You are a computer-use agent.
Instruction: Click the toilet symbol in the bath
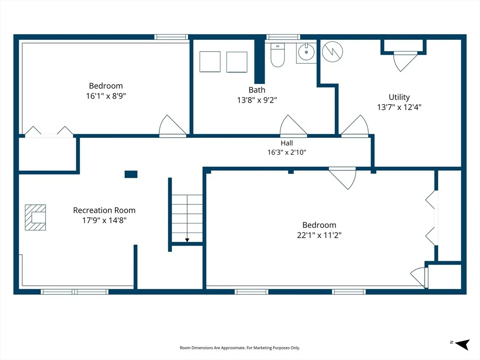coord(277,55)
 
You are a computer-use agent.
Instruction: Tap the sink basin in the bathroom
coord(306,52)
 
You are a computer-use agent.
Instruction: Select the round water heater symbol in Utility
coord(332,52)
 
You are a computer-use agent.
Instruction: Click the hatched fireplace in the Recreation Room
coord(35,217)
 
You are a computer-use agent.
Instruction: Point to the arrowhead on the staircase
coord(187,240)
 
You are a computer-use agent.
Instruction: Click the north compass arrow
coord(462,344)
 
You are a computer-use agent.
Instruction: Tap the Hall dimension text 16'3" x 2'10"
coord(287,152)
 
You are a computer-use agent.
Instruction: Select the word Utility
coord(399,97)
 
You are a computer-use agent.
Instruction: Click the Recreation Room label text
coord(104,210)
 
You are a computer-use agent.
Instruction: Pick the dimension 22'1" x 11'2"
coord(319,235)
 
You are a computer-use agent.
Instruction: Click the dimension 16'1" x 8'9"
coord(106,96)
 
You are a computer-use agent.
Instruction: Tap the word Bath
coord(257,90)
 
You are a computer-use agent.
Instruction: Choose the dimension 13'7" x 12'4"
coord(399,107)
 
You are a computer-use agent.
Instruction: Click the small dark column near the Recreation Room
coord(131,174)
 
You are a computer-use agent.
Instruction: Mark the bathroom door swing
coord(293,126)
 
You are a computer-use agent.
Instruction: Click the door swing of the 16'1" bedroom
coord(172,126)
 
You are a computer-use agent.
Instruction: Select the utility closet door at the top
coord(405,61)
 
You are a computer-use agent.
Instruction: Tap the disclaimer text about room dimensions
coord(240,348)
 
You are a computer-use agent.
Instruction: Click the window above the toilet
coord(283,37)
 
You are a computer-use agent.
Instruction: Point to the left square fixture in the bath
coord(210,62)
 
